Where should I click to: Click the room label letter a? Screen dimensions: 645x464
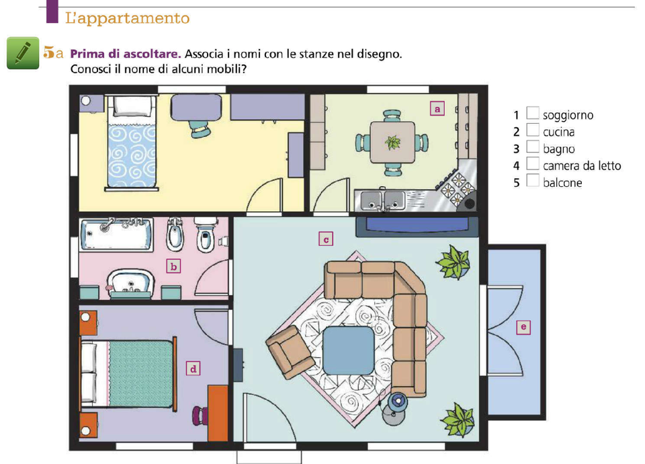(x=437, y=109)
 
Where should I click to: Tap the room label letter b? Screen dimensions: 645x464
(x=173, y=266)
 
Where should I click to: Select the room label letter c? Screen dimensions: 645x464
(x=326, y=239)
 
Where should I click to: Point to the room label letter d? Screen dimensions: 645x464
(x=193, y=369)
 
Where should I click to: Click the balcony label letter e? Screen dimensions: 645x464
(x=523, y=327)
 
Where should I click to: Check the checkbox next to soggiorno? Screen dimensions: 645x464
(x=533, y=113)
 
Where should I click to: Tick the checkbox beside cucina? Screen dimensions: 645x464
(x=533, y=130)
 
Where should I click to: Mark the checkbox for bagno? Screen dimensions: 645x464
(x=533, y=147)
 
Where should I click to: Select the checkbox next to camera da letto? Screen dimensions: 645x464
(x=533, y=163)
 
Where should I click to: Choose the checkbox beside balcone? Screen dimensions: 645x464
(x=533, y=180)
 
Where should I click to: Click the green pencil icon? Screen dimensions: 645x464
(x=23, y=53)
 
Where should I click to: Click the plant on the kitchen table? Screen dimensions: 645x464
(x=392, y=143)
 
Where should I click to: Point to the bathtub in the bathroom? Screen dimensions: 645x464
(x=117, y=235)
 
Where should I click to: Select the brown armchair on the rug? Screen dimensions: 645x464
(x=290, y=352)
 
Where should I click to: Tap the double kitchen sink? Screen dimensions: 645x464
(x=382, y=200)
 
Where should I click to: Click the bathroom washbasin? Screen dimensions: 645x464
(x=131, y=283)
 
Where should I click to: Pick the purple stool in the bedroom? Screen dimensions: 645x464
(x=200, y=415)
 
